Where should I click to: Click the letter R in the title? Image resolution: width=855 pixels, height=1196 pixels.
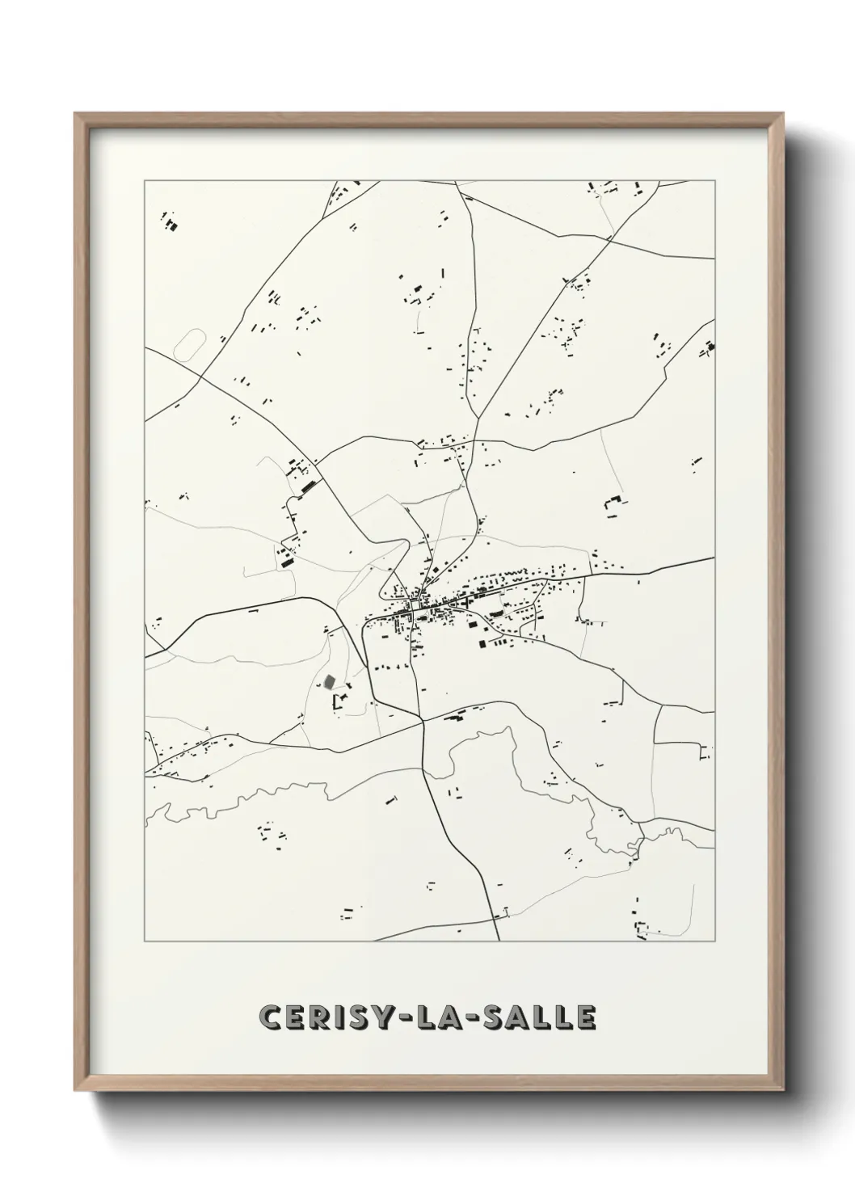coord(320,1017)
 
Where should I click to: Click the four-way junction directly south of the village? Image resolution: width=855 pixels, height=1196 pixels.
coord(423,722)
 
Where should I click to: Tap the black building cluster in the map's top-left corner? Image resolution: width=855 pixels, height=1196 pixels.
coord(171,221)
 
